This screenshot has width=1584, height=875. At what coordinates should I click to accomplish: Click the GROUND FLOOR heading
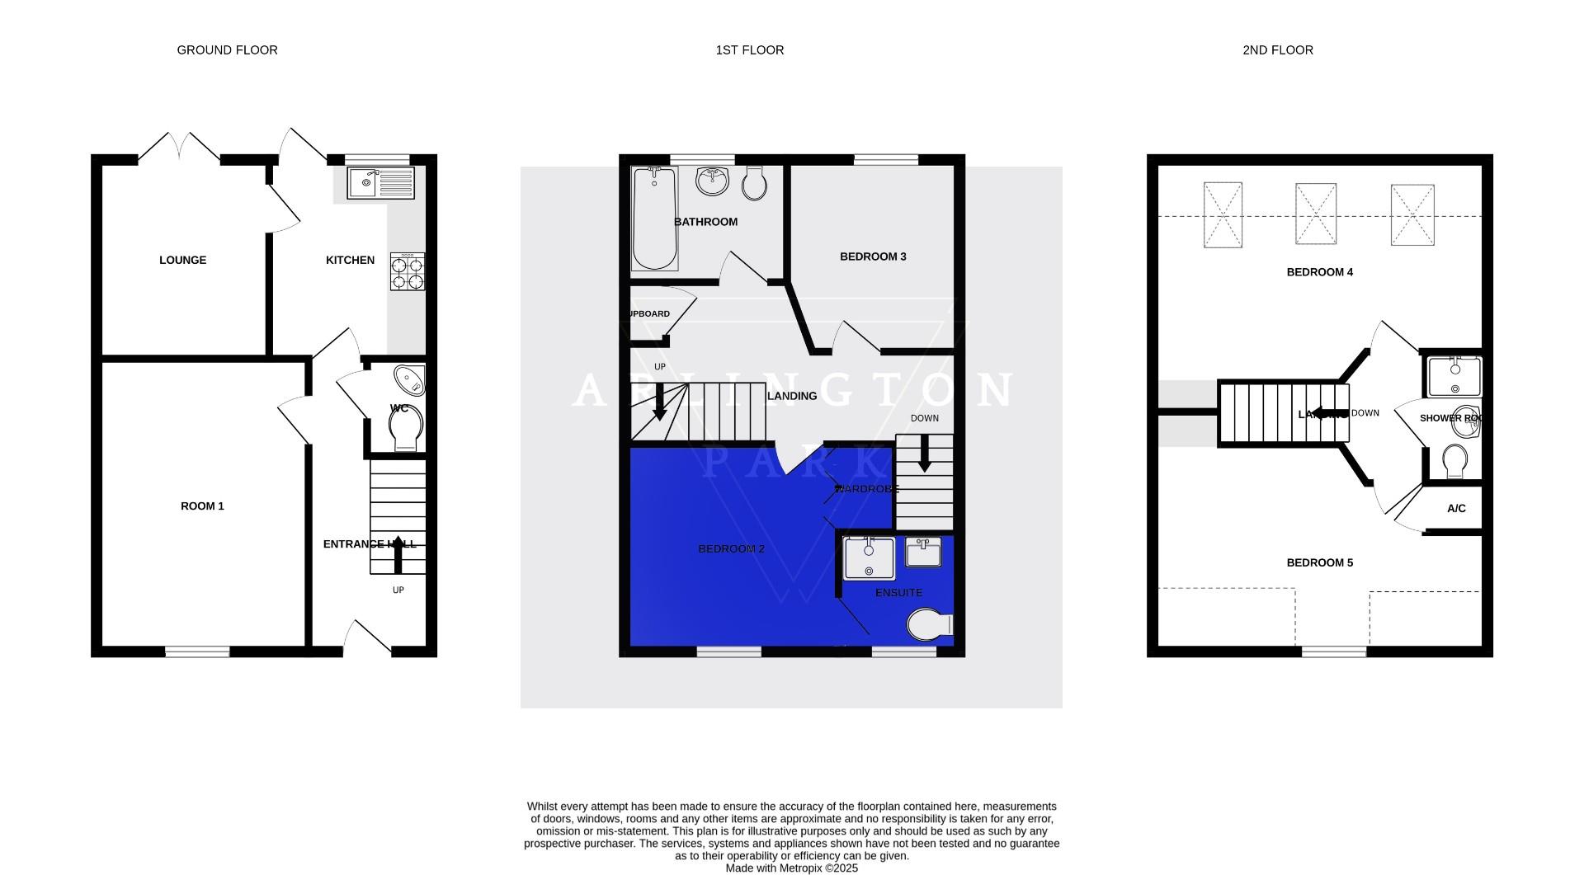[x=227, y=50]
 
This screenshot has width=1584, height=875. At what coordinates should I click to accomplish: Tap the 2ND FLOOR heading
[x=1277, y=50]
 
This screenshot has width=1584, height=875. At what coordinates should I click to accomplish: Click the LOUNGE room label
[x=182, y=260]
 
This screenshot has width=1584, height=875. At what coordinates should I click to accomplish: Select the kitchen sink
[x=380, y=182]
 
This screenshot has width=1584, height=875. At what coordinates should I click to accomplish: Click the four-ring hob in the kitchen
[x=408, y=271]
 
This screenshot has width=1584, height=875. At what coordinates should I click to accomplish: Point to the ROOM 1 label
[x=202, y=506]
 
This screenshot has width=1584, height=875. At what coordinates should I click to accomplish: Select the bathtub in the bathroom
[x=654, y=219]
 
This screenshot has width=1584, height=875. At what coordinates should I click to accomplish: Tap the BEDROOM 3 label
[x=873, y=256]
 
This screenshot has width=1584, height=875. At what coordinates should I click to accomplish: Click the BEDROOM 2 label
[x=731, y=549]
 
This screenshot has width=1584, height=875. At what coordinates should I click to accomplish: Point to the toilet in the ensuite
[x=930, y=624]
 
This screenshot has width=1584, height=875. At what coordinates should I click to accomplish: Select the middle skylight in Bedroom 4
[x=1315, y=214]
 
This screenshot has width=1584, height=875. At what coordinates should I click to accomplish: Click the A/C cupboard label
[x=1456, y=509]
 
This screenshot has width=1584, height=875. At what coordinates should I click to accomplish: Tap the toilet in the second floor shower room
[x=1454, y=462]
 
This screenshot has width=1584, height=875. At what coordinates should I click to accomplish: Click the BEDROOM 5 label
[x=1319, y=563]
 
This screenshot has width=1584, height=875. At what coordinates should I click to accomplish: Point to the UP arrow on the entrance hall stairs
[x=398, y=553]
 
